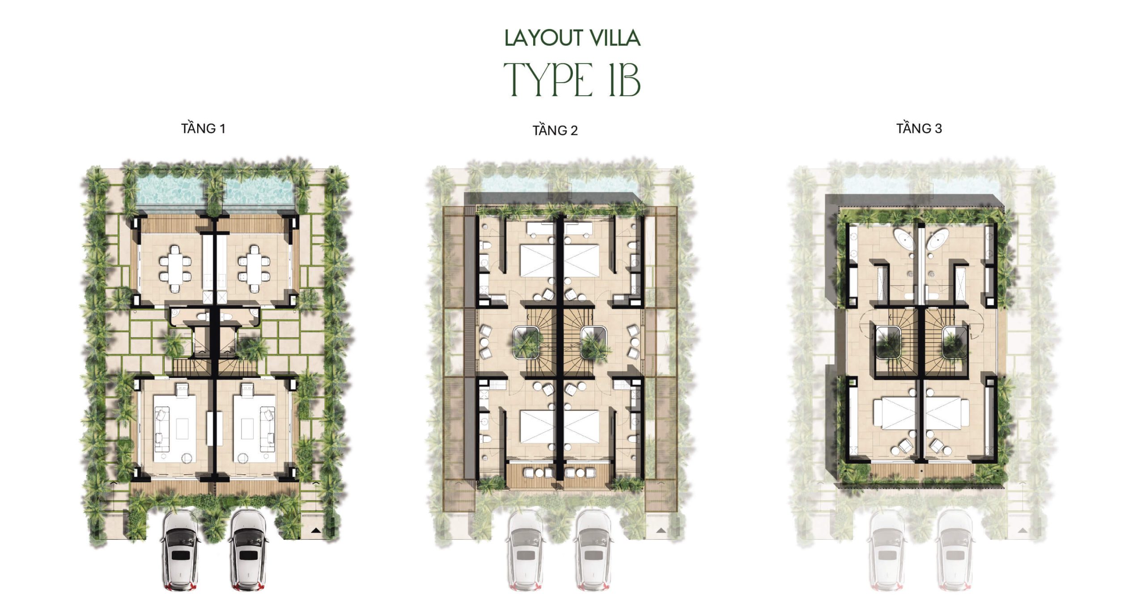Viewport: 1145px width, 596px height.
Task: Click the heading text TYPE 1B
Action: pyautogui.click(x=572, y=79)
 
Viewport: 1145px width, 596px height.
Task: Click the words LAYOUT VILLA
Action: pyautogui.click(x=572, y=38)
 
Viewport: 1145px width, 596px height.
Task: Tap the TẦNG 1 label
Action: pyautogui.click(x=203, y=128)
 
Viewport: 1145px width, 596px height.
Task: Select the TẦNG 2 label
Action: pyautogui.click(x=555, y=130)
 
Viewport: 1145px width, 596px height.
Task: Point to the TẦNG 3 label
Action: pyautogui.click(x=919, y=128)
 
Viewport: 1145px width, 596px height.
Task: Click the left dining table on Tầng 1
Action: pyautogui.click(x=175, y=269)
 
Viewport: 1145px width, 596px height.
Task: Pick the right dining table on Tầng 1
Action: pyautogui.click(x=254, y=269)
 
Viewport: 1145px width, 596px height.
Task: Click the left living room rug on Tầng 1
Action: pyautogui.click(x=175, y=428)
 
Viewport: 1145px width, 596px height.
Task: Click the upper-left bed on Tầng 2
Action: pyautogui.click(x=537, y=260)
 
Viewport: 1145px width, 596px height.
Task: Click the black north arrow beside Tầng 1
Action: pyautogui.click(x=316, y=530)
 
